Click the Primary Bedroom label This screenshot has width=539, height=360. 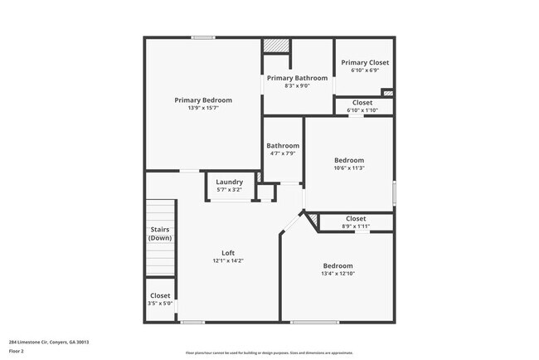(203, 100)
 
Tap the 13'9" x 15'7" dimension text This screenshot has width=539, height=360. (203, 108)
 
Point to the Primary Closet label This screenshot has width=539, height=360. (365, 62)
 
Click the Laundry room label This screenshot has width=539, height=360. (229, 182)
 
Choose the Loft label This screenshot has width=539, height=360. (228, 253)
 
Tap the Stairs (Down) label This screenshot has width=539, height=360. (160, 234)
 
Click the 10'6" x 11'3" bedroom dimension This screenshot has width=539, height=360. (349, 168)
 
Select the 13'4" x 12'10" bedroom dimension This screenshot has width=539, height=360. (337, 273)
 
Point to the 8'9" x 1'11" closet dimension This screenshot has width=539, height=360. (355, 226)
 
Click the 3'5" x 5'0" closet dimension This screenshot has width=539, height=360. (160, 303)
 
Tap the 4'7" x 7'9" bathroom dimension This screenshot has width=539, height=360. (283, 153)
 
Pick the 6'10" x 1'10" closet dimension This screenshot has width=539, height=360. (362, 110)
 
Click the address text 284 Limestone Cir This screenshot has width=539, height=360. (49, 341)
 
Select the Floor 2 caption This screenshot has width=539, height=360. (17, 350)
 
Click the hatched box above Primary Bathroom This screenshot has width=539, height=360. (276, 46)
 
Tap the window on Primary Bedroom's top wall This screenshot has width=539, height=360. (203, 37)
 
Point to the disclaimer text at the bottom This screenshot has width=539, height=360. (269, 353)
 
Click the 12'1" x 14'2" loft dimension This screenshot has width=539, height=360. (228, 260)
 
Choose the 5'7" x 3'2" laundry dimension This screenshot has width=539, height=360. (229, 190)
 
